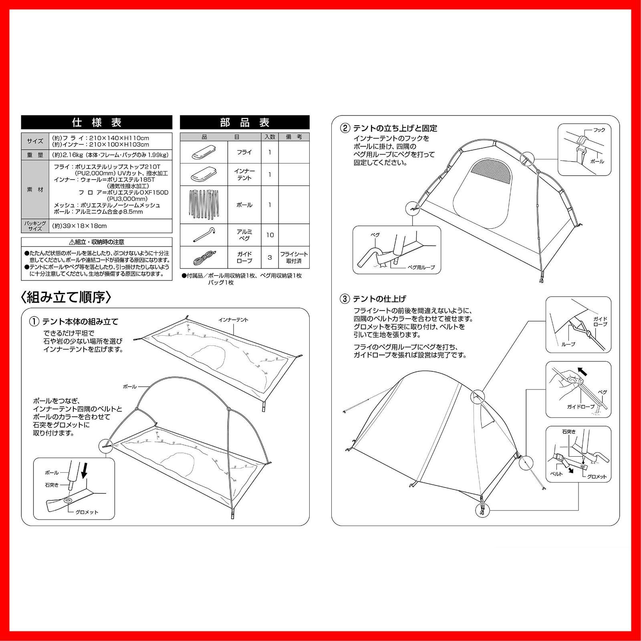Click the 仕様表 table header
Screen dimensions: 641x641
point(97,122)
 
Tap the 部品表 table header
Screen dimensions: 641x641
point(244,122)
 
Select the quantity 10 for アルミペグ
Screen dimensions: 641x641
point(270,235)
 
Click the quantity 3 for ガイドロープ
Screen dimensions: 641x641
point(270,257)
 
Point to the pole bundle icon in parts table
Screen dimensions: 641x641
point(204,204)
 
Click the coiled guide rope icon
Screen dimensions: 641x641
point(204,258)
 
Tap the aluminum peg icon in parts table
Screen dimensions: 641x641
point(204,235)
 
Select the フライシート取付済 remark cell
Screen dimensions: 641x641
point(294,258)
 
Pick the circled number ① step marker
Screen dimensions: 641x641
point(34,321)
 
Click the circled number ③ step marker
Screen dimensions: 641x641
point(345,299)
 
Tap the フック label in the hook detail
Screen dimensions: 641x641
point(599,130)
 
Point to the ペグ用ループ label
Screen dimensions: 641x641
point(421,267)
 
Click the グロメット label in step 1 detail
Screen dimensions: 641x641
point(87,512)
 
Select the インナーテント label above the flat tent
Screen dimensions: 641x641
point(234,320)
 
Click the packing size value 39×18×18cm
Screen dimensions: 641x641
point(79,226)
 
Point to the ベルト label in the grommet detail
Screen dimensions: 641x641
point(556,474)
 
